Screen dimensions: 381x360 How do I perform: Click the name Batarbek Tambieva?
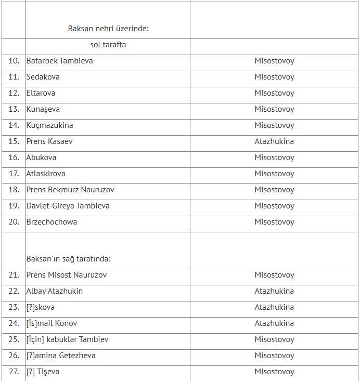pyautogui.click(x=59, y=61)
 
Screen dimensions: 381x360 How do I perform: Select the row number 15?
pyautogui.click(x=14, y=141)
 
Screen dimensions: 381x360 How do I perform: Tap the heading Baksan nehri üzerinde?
pyautogui.click(x=108, y=29)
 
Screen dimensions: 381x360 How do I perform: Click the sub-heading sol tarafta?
pyautogui.click(x=108, y=45)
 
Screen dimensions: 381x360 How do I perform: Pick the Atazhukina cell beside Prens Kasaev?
pyautogui.click(x=274, y=141)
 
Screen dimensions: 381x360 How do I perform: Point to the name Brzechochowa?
pyautogui.click(x=52, y=222)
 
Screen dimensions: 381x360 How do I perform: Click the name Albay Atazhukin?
pyautogui.click(x=55, y=291)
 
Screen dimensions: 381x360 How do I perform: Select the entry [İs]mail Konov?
pyautogui.click(x=52, y=323)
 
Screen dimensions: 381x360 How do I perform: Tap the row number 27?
pyautogui.click(x=14, y=372)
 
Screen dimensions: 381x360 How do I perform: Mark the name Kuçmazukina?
pyautogui.click(x=50, y=125)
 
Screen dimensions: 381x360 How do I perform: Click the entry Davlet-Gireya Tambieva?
pyautogui.click(x=68, y=206)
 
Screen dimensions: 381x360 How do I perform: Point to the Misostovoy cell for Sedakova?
pyautogui.click(x=274, y=77)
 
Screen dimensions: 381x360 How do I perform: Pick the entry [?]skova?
pyautogui.click(x=41, y=307)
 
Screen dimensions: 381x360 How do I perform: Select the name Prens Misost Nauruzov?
pyautogui.click(x=67, y=275)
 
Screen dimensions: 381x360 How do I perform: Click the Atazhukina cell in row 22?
pyautogui.click(x=274, y=291)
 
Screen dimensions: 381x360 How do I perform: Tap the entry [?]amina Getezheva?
pyautogui.click(x=61, y=356)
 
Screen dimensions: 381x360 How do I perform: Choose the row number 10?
pyautogui.click(x=14, y=61)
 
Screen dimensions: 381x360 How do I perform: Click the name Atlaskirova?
pyautogui.click(x=46, y=174)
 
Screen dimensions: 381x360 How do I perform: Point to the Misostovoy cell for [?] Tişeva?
pyautogui.click(x=274, y=372)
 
